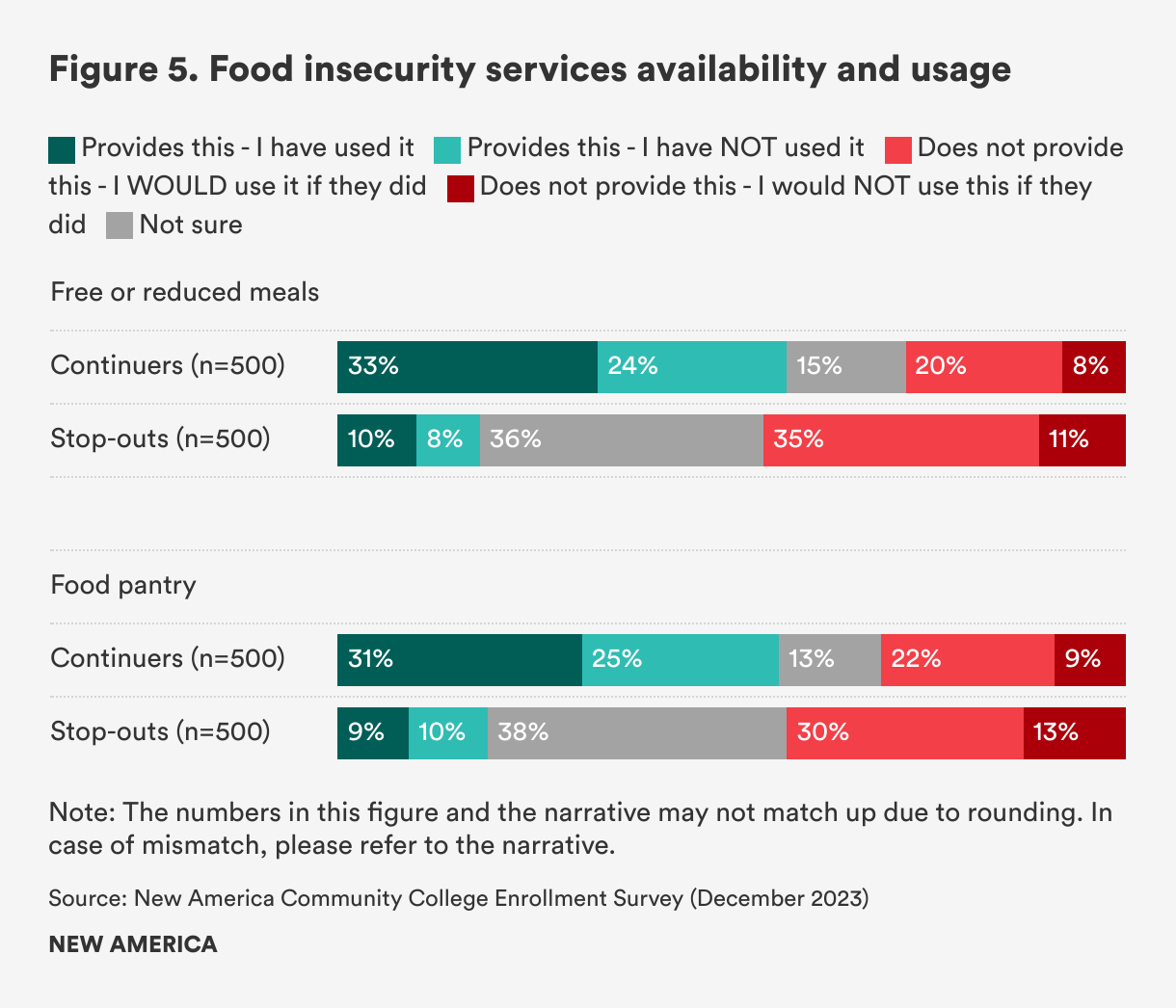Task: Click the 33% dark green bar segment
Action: (x=468, y=366)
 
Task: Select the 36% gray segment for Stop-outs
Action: (x=622, y=440)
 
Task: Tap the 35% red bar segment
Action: (x=901, y=440)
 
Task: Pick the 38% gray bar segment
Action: (x=637, y=733)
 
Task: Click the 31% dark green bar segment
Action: (x=460, y=659)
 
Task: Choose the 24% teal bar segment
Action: (x=692, y=366)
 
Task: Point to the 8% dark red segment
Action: (x=1094, y=366)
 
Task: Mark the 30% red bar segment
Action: (x=905, y=733)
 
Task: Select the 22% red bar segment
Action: (x=968, y=659)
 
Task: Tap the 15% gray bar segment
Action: (x=846, y=366)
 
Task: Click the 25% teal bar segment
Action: (x=681, y=659)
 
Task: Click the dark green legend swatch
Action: (x=62, y=149)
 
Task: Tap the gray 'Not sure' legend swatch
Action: (x=120, y=226)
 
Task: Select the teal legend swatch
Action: (x=447, y=149)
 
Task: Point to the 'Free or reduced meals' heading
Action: (x=185, y=292)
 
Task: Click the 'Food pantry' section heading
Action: (x=123, y=585)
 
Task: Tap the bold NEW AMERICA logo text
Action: (x=133, y=944)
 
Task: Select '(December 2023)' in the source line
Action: (x=780, y=898)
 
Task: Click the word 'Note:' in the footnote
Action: (x=82, y=812)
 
